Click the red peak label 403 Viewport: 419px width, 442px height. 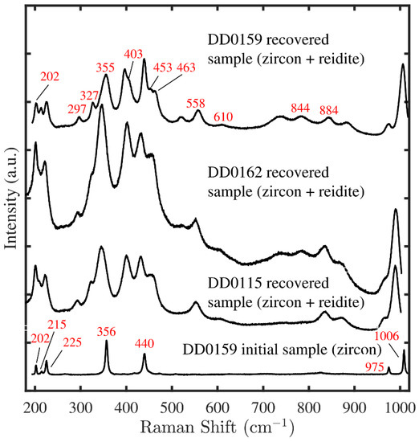[x=133, y=54]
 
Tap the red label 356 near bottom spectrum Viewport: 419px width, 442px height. [x=107, y=331]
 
